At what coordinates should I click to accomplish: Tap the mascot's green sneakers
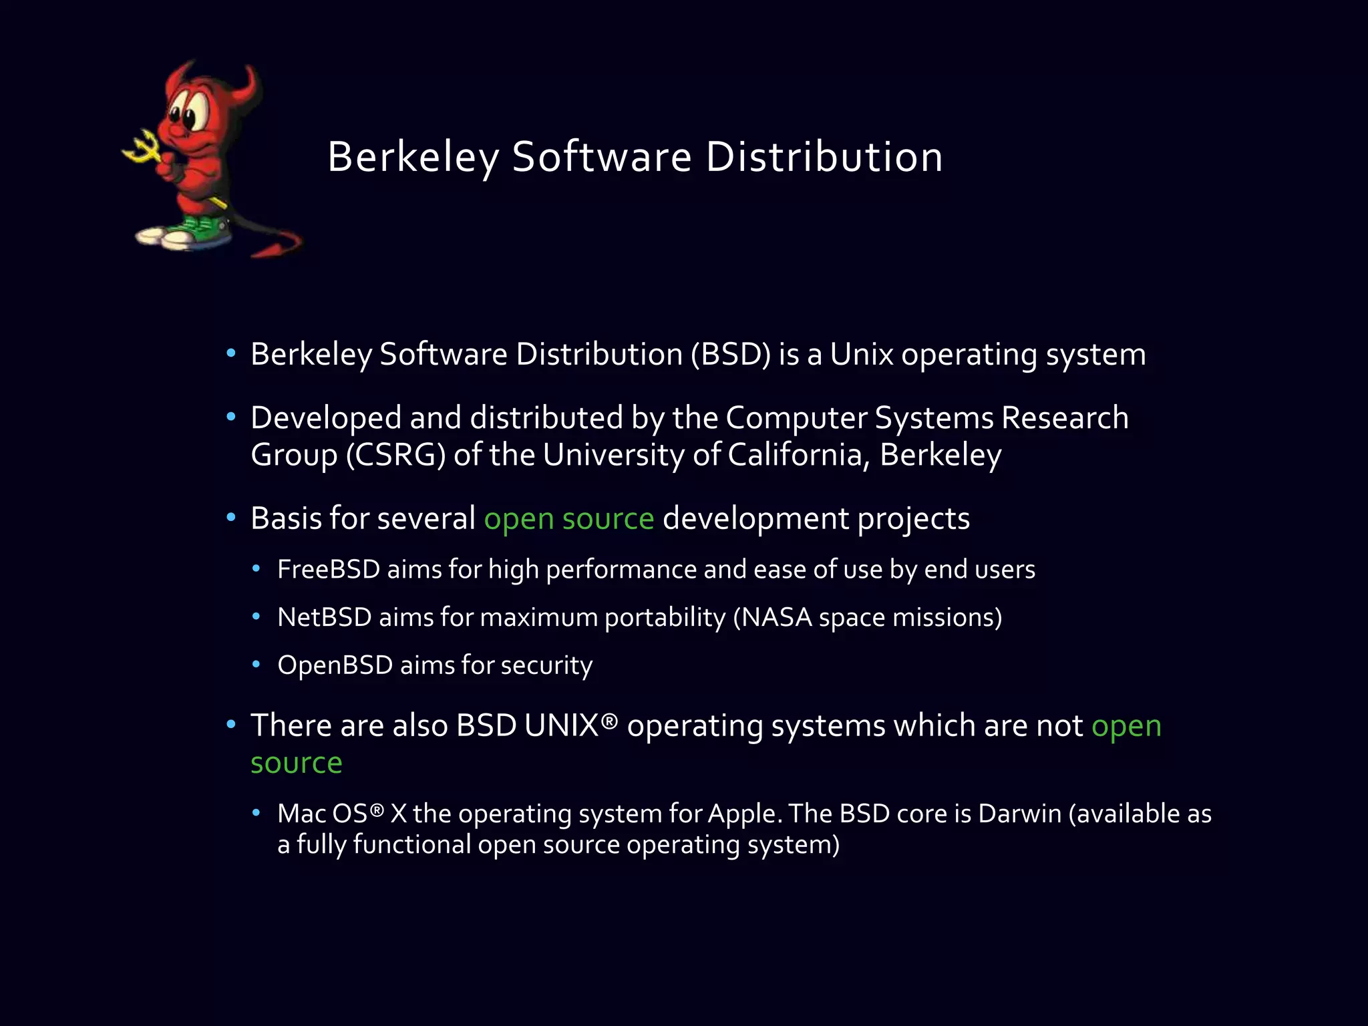(194, 230)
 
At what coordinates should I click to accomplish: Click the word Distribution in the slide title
(824, 158)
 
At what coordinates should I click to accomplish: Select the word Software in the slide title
(601, 158)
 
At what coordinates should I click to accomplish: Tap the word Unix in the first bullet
(861, 355)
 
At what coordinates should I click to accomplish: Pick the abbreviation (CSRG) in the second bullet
(395, 456)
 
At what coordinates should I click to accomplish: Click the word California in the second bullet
(798, 456)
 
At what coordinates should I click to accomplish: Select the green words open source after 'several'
(568, 519)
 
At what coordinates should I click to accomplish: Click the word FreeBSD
(328, 570)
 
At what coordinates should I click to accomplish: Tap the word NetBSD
(324, 618)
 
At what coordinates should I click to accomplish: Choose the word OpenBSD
(335, 666)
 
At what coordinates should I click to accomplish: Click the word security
(546, 666)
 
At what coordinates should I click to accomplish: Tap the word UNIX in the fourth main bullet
(561, 726)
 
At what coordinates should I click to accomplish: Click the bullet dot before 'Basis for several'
(231, 518)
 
